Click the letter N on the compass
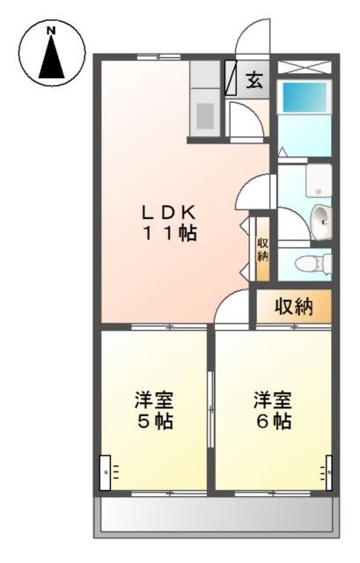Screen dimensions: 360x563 tap(52, 31)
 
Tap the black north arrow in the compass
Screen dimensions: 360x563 tap(52, 56)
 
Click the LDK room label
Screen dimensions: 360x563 tap(169, 213)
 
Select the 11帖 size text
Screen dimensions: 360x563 tap(170, 233)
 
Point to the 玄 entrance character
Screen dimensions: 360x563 tap(254, 80)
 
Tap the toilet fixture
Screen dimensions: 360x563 tap(313, 264)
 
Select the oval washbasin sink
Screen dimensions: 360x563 tap(321, 223)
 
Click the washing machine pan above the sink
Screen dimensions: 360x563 tap(319, 180)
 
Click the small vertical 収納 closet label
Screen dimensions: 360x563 tap(262, 250)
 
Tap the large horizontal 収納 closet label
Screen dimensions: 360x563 tap(294, 307)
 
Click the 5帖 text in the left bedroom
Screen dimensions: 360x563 tap(155, 421)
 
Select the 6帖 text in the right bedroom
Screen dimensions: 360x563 tap(274, 421)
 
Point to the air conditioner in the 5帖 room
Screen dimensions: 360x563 tap(106, 472)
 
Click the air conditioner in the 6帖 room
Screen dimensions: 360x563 tap(328, 472)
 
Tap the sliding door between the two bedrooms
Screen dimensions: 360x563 tap(211, 410)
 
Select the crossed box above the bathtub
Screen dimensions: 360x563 tap(304, 67)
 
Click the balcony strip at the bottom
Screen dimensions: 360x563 tap(217, 517)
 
